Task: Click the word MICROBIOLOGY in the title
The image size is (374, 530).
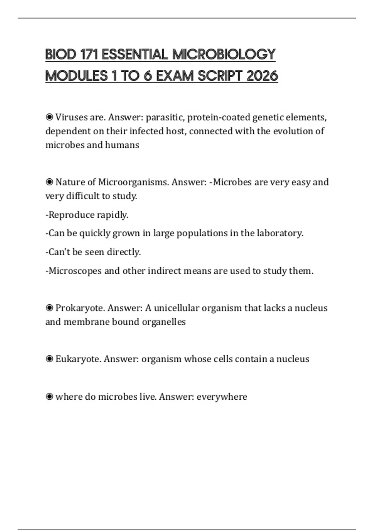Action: click(x=224, y=54)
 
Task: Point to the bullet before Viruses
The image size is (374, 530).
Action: click(x=49, y=117)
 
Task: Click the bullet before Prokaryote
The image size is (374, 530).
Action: click(x=49, y=308)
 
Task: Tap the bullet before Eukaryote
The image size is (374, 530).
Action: click(x=49, y=359)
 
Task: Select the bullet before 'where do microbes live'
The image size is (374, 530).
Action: click(x=49, y=397)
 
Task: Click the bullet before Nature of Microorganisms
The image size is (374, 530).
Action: click(x=49, y=182)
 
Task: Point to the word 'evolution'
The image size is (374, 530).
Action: click(x=293, y=131)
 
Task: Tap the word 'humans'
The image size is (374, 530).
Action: click(x=122, y=145)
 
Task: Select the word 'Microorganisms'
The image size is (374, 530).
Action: click(x=134, y=182)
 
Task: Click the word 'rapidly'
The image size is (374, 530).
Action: click(x=113, y=215)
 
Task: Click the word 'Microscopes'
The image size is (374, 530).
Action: click(x=75, y=271)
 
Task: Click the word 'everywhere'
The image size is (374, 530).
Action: click(x=222, y=397)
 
